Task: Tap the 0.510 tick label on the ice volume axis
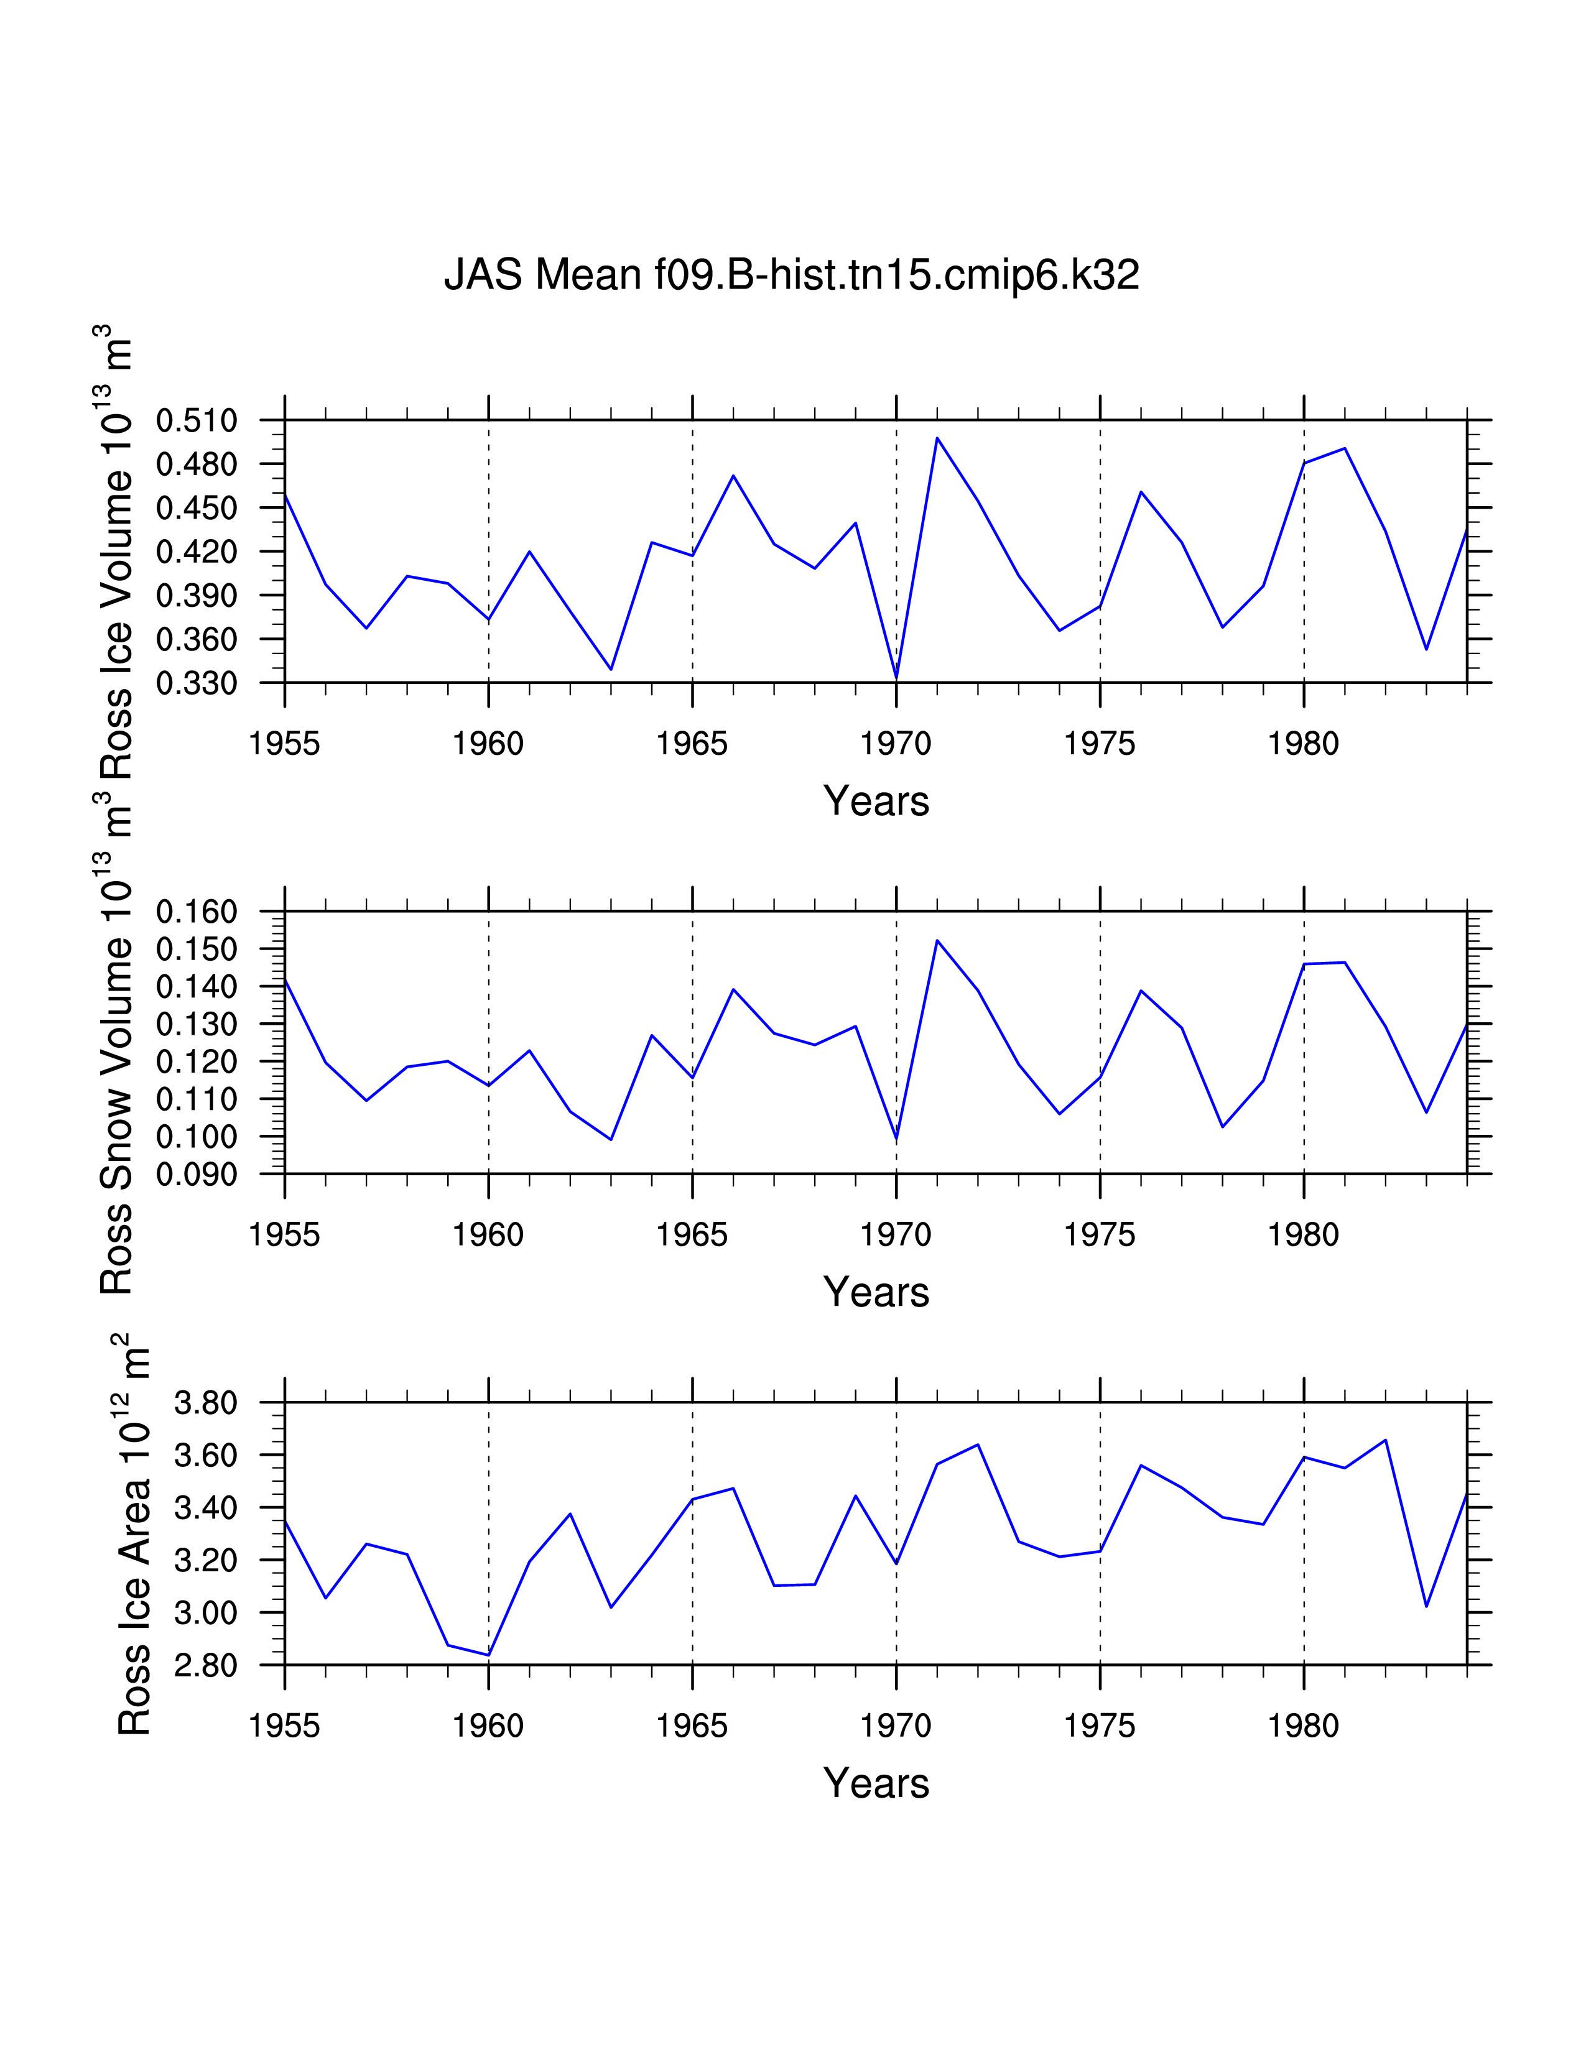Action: click(x=197, y=421)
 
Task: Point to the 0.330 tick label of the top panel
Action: click(x=197, y=683)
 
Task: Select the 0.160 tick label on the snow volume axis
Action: click(x=197, y=912)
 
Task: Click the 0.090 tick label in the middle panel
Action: click(x=197, y=1175)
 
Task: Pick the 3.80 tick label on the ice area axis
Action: click(x=206, y=1403)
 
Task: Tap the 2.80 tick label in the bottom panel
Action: click(x=206, y=1666)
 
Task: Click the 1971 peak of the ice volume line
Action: click(x=937, y=438)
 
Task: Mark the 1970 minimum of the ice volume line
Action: click(x=896, y=678)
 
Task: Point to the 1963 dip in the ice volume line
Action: click(x=611, y=669)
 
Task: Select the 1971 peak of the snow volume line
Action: click(x=937, y=940)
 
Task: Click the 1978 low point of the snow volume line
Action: click(x=1222, y=1127)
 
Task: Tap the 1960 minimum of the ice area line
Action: click(x=489, y=1655)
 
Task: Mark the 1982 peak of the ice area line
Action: click(x=1385, y=1440)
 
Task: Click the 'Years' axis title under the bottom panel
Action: click(x=876, y=1783)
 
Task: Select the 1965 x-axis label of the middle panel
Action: click(x=692, y=1234)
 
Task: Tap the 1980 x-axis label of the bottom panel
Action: click(x=1303, y=1726)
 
